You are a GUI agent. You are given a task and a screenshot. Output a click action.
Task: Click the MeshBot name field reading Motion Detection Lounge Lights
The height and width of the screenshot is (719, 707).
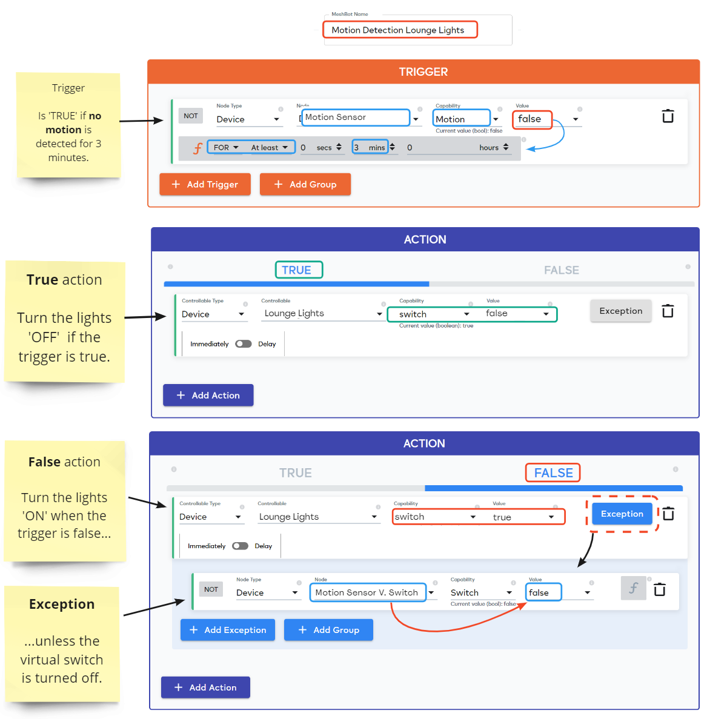(400, 30)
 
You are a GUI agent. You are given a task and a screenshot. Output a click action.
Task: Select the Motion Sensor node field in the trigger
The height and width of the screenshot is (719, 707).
(356, 118)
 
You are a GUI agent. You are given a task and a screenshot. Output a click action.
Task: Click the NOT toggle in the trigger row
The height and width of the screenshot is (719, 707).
(191, 116)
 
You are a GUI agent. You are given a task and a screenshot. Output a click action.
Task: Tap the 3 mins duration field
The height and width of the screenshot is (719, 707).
(370, 147)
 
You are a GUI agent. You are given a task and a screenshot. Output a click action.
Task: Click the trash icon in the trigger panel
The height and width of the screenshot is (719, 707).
(668, 116)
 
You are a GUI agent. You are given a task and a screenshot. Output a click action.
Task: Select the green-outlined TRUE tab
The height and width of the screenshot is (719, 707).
(298, 270)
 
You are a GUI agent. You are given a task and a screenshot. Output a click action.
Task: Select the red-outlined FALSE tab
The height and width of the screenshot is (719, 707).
(553, 473)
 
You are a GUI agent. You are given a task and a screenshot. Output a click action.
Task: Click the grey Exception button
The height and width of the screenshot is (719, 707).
(620, 311)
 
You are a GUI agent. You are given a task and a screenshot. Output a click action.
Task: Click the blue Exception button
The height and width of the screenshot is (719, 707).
(622, 514)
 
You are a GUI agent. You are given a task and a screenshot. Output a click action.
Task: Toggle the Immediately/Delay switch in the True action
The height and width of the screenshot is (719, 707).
(244, 344)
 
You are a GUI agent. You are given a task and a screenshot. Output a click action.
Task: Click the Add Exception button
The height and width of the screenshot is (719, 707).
(228, 630)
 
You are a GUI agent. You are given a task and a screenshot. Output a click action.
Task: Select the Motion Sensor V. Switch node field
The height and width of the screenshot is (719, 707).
(367, 592)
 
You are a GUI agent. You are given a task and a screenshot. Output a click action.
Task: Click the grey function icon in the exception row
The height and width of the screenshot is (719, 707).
(633, 588)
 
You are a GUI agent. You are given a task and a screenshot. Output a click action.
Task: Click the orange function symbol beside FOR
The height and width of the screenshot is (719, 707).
(197, 148)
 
